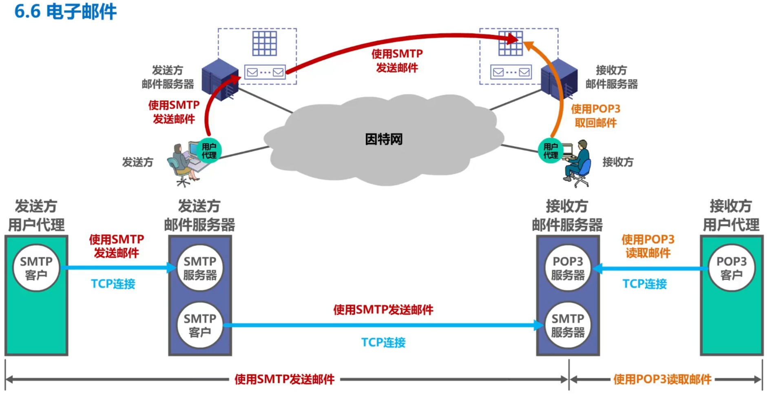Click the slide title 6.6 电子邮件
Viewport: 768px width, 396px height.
click(x=65, y=11)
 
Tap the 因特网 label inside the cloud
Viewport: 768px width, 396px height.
click(x=383, y=139)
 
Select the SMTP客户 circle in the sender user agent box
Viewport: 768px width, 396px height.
click(x=36, y=268)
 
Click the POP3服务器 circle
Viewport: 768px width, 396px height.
click(x=567, y=268)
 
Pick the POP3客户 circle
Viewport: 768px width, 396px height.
click(x=731, y=268)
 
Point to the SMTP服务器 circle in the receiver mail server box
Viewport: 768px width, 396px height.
click(x=567, y=325)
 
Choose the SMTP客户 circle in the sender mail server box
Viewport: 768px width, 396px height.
click(x=200, y=325)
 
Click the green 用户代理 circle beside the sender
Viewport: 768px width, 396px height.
click(x=209, y=151)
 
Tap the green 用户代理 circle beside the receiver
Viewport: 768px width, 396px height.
click(x=550, y=151)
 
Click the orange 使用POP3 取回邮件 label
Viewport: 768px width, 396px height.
click(x=595, y=116)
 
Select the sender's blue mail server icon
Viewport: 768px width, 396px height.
click(x=220, y=80)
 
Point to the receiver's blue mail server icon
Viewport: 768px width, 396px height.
click(x=559, y=80)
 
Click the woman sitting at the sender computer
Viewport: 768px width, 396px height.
click(x=181, y=161)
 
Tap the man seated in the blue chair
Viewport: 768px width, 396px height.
click(x=579, y=161)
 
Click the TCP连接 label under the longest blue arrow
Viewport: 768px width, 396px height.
click(x=383, y=342)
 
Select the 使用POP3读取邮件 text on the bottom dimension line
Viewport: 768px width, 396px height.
click(x=662, y=379)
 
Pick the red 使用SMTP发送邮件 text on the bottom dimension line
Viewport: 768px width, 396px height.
click(x=284, y=379)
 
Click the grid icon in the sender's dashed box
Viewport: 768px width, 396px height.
click(x=264, y=43)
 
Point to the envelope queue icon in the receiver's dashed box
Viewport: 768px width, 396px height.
click(x=511, y=72)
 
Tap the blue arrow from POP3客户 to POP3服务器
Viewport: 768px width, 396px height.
click(x=653, y=268)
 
